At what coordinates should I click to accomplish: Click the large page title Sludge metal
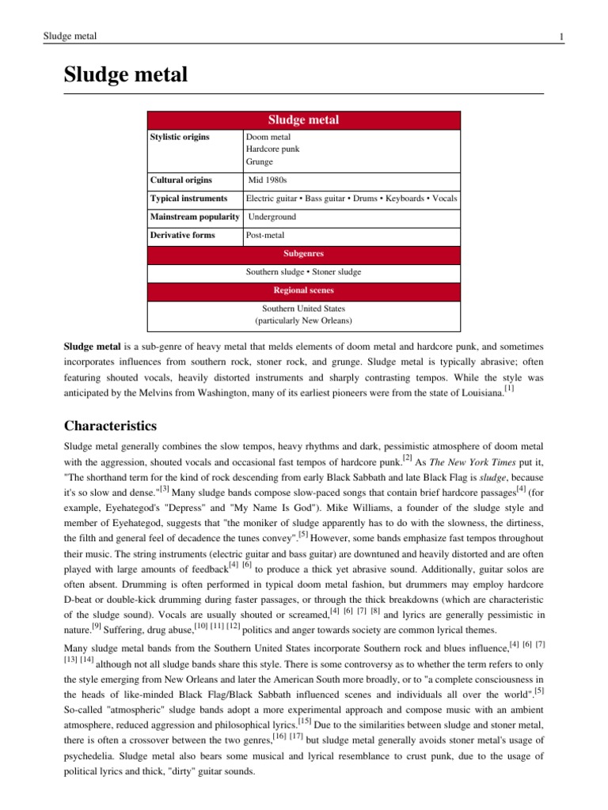pos(126,75)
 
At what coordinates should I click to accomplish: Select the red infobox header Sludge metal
pos(303,120)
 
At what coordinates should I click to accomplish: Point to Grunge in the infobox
pos(260,162)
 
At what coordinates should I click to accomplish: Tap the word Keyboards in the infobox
pos(405,199)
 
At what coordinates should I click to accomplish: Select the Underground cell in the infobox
pos(273,217)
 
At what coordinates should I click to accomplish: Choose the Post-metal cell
pos(266,235)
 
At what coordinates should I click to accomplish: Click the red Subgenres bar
pos(303,254)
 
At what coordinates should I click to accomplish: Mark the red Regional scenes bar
pos(303,290)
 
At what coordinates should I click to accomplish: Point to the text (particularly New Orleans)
pos(303,321)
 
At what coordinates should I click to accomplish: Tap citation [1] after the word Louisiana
pos(509,388)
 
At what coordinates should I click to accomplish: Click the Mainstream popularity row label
pos(195,217)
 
